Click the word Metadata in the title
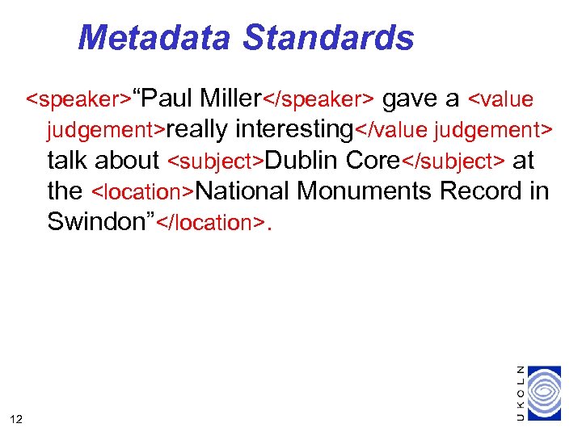tap(154, 37)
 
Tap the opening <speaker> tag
tap(78, 100)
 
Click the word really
tap(197, 129)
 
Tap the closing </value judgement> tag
tap(454, 130)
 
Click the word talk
tap(67, 160)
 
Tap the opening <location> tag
tap(143, 192)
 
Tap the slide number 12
tap(16, 417)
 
